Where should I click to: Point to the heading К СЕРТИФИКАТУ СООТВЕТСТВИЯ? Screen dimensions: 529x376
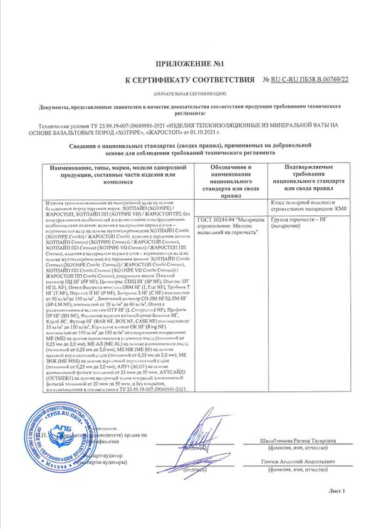191,80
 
